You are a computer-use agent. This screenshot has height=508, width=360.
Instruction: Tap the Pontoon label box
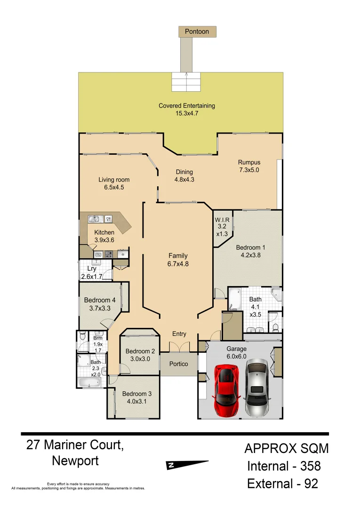tap(197, 32)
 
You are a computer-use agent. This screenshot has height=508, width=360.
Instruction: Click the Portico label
tap(178, 364)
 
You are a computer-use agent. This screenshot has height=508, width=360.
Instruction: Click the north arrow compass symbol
tap(187, 465)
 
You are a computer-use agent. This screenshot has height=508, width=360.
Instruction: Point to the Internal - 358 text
tap(284, 466)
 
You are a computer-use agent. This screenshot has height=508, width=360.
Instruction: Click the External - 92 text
tap(283, 483)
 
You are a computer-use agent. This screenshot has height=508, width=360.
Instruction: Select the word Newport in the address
tap(75, 460)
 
